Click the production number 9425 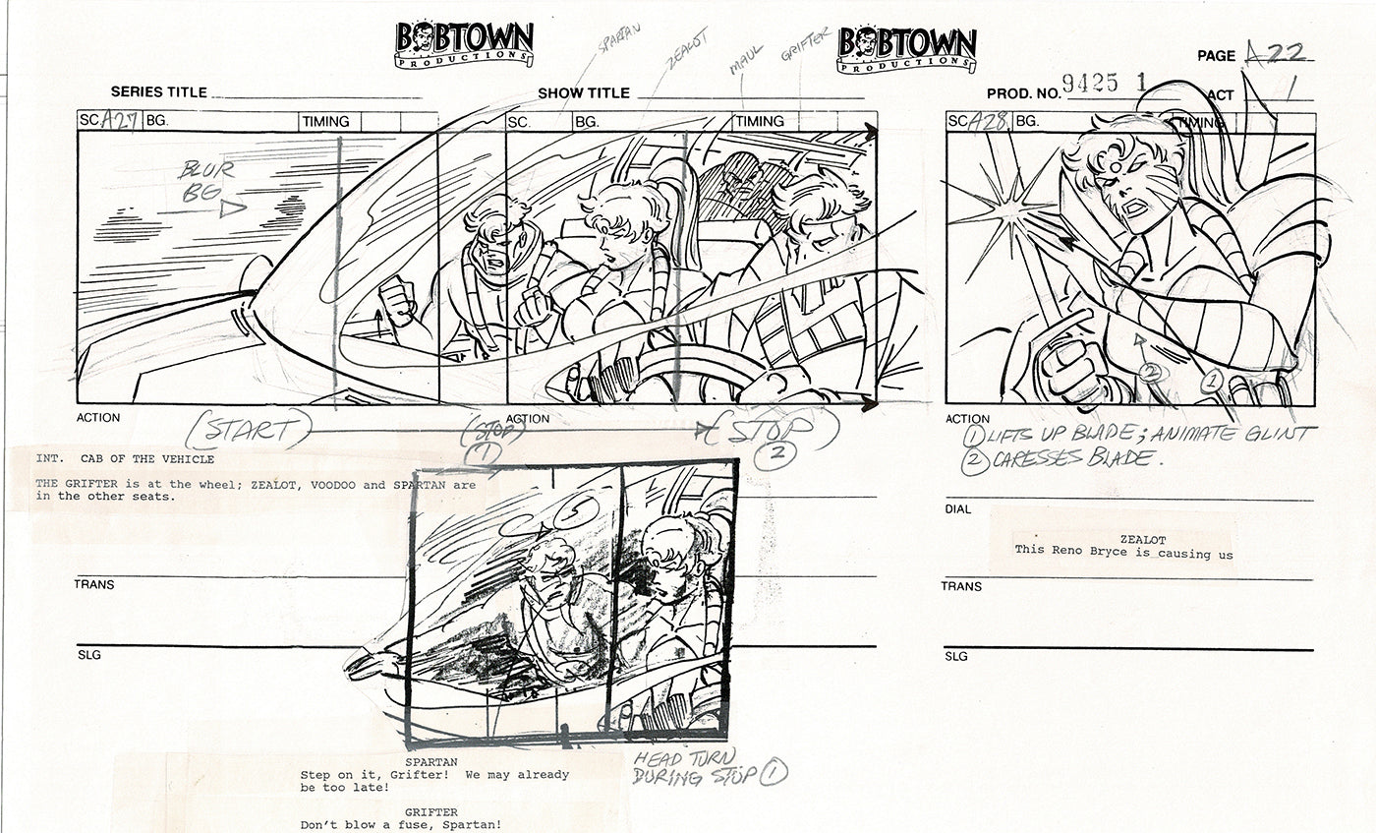1091,85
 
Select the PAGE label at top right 1216,56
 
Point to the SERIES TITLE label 158,92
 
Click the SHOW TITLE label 584,93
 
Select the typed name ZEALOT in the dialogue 1142,540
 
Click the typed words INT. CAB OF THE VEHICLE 125,459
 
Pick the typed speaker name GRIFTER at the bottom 429,812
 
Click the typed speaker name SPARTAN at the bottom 429,761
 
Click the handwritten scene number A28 988,122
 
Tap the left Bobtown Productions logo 464,44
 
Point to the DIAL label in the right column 958,509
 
